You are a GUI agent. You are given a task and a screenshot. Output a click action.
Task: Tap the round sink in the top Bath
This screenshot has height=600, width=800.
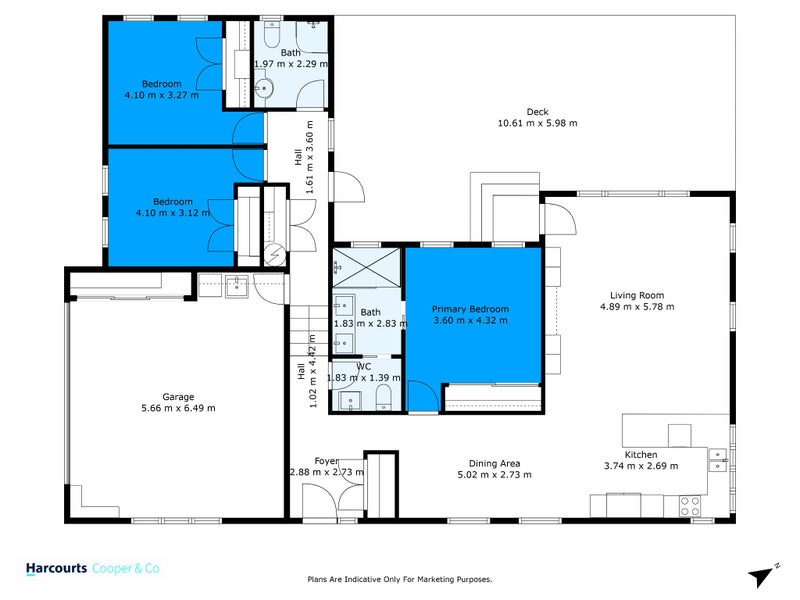(x=263, y=90)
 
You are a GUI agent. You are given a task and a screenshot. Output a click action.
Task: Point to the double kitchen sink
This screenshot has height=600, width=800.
(x=716, y=460)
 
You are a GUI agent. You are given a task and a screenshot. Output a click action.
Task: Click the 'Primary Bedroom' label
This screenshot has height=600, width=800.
(x=470, y=309)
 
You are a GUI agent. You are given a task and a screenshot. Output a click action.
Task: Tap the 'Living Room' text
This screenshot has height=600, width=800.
(x=637, y=295)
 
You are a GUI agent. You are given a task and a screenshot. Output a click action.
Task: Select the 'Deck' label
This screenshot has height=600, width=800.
(x=537, y=111)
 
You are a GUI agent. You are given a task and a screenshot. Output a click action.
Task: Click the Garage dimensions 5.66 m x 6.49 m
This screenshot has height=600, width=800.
(x=178, y=408)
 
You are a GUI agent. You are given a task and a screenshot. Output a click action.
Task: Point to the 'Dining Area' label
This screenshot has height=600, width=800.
(x=494, y=462)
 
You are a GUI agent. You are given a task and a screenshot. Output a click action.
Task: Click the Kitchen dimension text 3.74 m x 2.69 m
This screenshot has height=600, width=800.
(x=640, y=466)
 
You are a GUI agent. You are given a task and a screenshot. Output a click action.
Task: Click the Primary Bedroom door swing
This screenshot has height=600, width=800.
(x=422, y=397)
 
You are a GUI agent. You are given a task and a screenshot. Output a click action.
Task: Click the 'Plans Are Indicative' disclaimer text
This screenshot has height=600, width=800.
(x=399, y=579)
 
